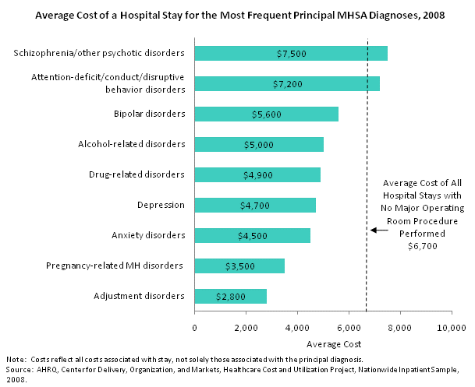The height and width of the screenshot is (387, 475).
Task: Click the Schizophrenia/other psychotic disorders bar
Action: point(290,53)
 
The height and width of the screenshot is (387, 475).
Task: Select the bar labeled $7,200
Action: point(286,83)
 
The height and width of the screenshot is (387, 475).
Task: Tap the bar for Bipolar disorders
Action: point(266,114)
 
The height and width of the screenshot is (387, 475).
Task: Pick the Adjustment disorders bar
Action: point(230,296)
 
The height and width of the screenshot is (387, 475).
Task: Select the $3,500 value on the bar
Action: point(239,266)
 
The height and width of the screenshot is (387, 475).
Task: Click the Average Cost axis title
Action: point(324,343)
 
